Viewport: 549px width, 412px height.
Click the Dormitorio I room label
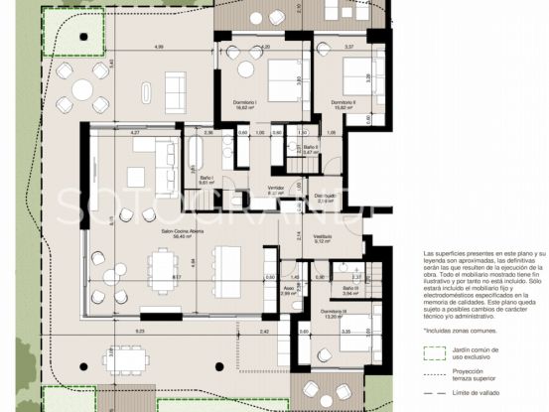[x=245, y=106]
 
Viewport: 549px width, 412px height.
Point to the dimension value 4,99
[x=159, y=48]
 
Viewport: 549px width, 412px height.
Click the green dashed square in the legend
[x=432, y=352]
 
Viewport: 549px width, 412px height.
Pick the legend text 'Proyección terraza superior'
[x=477, y=376]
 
